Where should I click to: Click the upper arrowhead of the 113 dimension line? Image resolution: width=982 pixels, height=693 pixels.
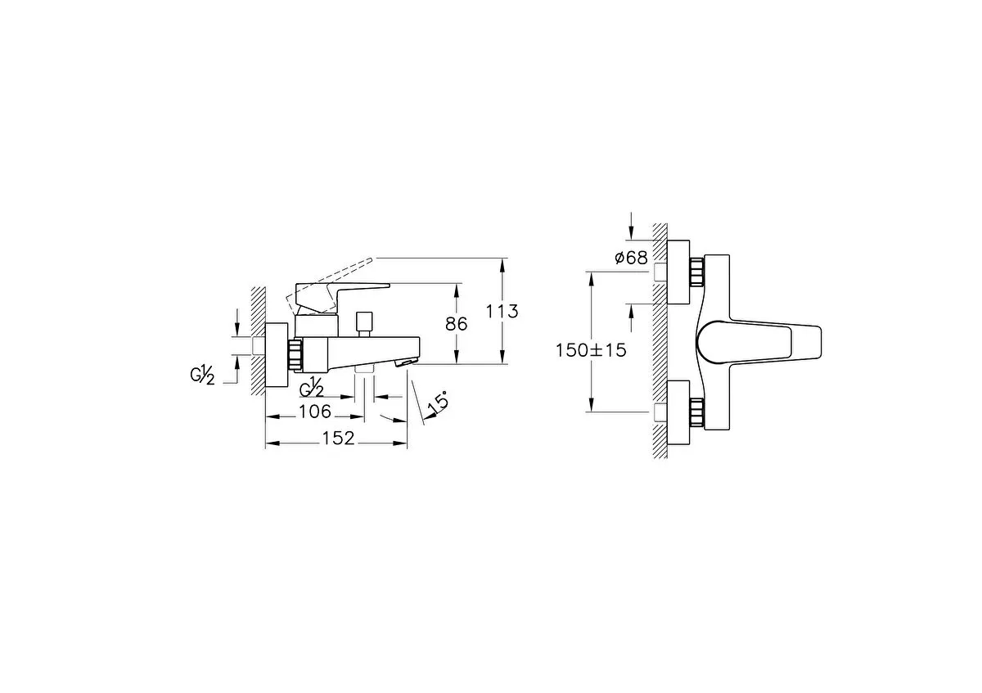click(x=502, y=264)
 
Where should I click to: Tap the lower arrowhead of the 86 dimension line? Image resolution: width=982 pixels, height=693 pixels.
click(x=457, y=358)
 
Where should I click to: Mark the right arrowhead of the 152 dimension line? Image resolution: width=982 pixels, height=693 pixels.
click(x=401, y=443)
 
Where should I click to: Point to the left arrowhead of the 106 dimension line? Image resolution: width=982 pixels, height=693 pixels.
click(x=273, y=416)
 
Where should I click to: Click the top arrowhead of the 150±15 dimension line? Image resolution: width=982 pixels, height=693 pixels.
click(x=592, y=278)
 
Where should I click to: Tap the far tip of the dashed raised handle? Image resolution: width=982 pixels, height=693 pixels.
click(x=372, y=259)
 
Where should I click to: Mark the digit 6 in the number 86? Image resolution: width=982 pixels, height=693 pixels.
click(x=462, y=324)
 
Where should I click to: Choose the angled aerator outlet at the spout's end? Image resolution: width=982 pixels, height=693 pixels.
click(x=407, y=362)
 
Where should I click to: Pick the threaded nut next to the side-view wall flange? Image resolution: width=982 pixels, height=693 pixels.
click(x=295, y=353)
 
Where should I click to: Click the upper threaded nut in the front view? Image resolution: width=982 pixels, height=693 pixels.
click(x=696, y=272)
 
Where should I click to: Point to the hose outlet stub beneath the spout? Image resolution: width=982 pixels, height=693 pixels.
click(x=364, y=370)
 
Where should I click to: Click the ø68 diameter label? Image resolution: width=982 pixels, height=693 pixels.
click(x=631, y=259)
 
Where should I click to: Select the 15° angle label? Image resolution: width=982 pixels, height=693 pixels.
click(x=438, y=403)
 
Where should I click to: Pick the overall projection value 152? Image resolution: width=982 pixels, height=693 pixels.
click(x=338, y=439)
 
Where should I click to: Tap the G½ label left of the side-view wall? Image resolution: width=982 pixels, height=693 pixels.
click(x=202, y=376)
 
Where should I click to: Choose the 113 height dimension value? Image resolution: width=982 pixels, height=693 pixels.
click(x=502, y=312)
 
